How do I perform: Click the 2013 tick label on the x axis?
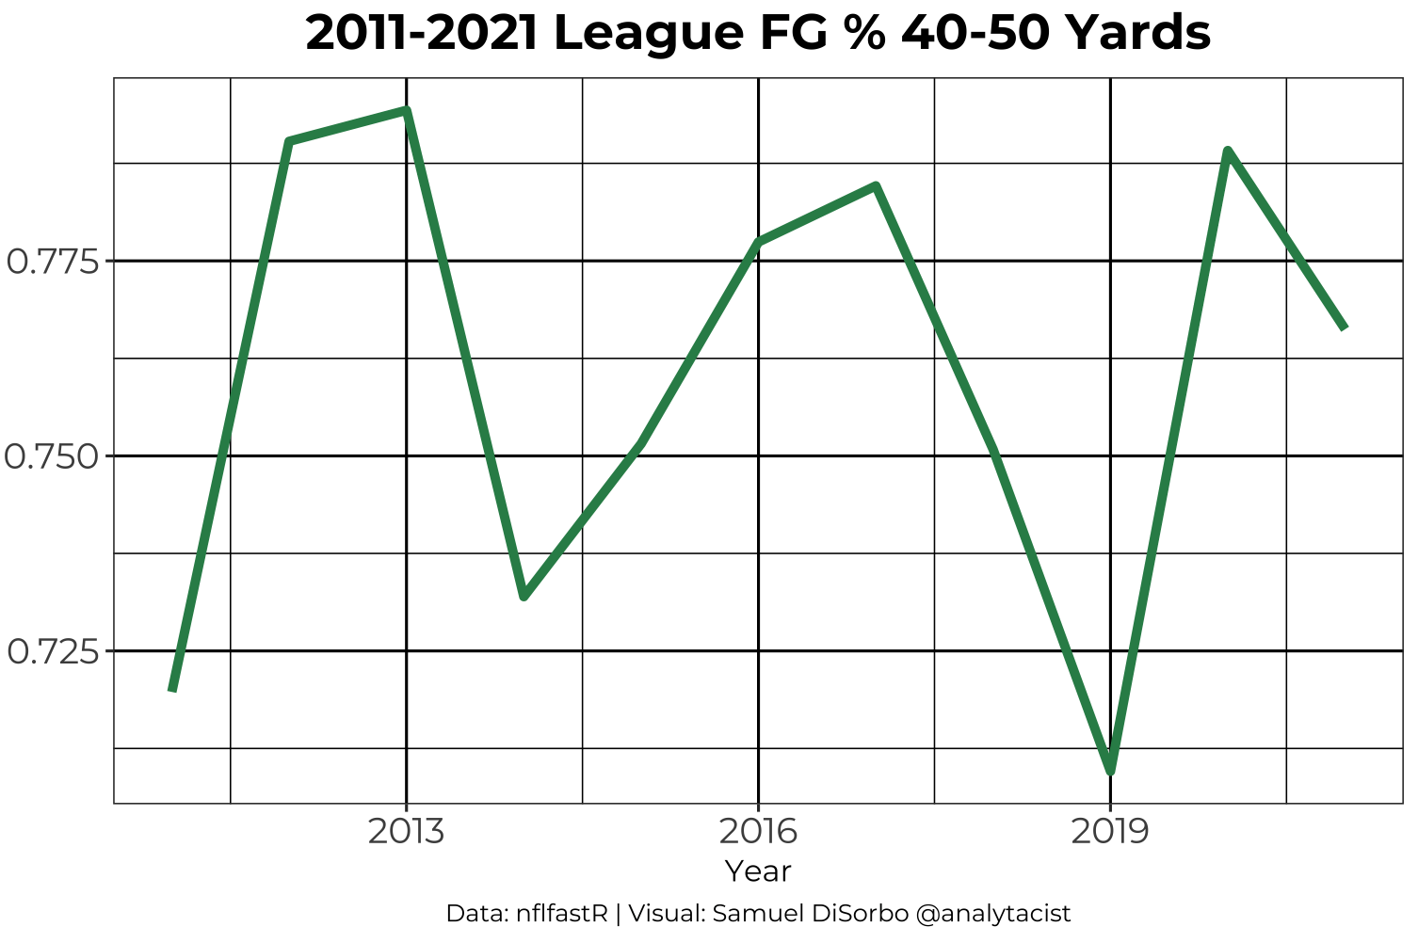406,832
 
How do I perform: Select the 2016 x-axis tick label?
758,832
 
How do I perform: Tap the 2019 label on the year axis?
1110,832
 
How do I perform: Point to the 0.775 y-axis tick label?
53,262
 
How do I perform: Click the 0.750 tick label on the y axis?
53,456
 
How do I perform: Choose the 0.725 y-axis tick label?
53,651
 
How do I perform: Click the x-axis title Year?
758,871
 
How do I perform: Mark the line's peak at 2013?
406,111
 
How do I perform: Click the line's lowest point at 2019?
1111,771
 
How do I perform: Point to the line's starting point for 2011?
172,690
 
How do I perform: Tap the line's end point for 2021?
1344,328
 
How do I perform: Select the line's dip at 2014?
524,597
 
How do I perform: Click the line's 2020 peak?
1228,151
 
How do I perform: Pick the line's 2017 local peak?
876,186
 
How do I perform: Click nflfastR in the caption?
563,914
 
